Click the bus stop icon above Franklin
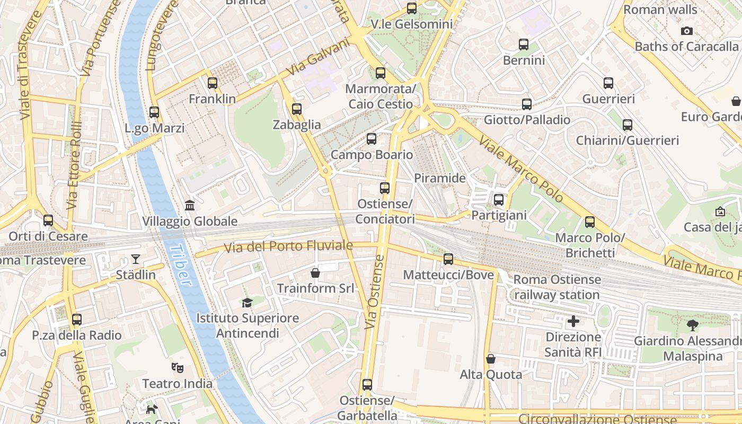[x=213, y=83]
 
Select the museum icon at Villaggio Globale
[x=190, y=205]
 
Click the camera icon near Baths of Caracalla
[x=687, y=31]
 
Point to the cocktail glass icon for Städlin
[x=136, y=259]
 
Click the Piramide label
[x=439, y=178]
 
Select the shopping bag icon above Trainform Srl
[x=315, y=273]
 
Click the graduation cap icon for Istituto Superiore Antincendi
[x=247, y=303]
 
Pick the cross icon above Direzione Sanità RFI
[x=573, y=321]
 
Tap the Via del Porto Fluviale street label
[x=288, y=246]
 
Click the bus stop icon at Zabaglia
[x=297, y=109]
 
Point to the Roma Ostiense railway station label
[x=557, y=287]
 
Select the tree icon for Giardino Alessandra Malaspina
[x=692, y=325]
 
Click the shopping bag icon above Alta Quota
[x=491, y=359]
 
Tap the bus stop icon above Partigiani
[x=499, y=200]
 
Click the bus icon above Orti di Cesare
[x=48, y=220]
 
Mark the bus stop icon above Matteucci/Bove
[x=448, y=259]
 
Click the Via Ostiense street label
[x=375, y=291]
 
